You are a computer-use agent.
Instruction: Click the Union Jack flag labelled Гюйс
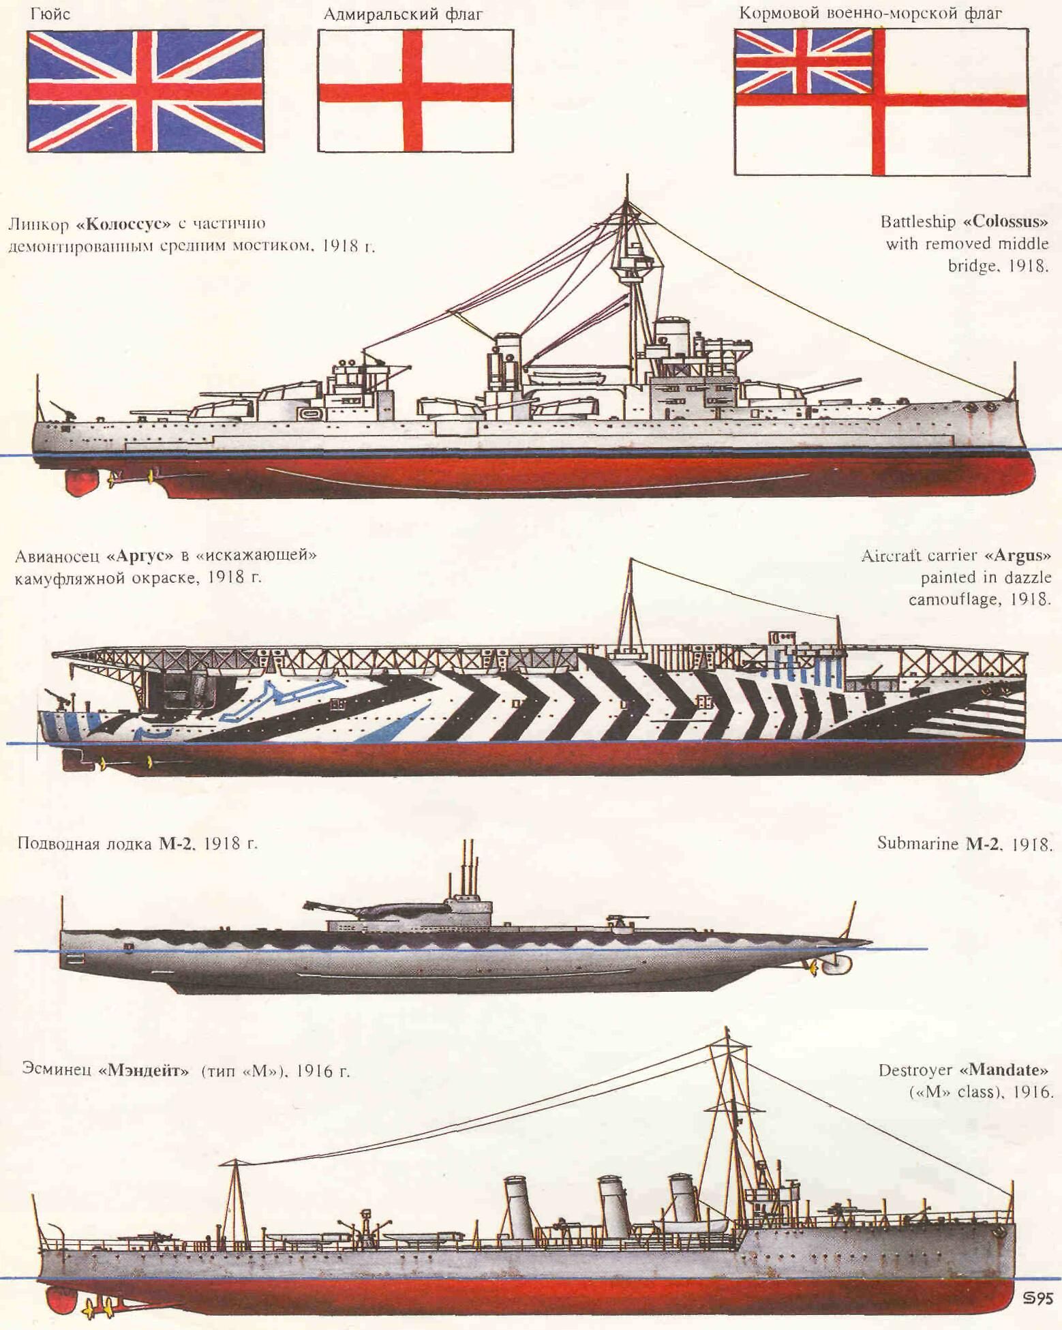(145, 91)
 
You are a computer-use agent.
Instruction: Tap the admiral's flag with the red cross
(415, 91)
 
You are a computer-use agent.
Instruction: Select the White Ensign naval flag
(881, 102)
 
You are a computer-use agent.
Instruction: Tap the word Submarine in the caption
(917, 843)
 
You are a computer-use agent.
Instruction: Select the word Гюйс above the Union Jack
(50, 13)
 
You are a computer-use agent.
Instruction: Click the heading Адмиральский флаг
(403, 14)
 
